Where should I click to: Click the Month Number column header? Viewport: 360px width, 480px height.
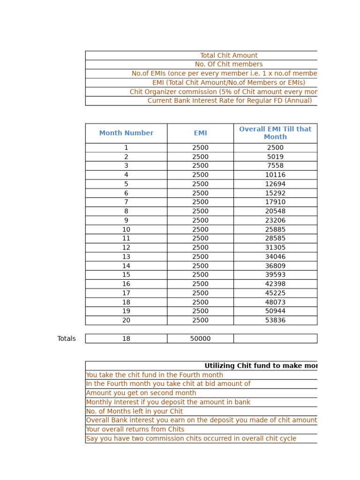126,133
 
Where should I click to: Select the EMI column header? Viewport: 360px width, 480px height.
200,133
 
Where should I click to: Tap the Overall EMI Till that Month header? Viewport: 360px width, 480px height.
275,133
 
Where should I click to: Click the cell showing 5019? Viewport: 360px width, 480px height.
275,157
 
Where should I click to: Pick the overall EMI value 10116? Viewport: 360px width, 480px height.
275,175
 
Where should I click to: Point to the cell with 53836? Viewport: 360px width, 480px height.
275,321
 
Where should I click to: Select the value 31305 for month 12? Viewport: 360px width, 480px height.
275,247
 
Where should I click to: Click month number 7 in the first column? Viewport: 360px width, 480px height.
126,202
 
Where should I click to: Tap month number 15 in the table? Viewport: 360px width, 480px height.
126,275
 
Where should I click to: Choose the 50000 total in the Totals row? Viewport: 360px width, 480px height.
200,339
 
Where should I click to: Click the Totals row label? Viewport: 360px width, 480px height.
67,339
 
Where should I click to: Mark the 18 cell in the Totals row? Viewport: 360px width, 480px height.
126,339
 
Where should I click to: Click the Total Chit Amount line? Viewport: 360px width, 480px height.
229,56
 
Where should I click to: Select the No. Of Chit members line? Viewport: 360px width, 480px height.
229,64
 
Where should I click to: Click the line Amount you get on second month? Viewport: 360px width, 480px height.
141,393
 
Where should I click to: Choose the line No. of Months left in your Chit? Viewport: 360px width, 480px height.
135,412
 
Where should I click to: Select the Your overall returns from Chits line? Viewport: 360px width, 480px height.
135,429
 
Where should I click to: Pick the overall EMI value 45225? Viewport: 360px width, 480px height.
275,293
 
